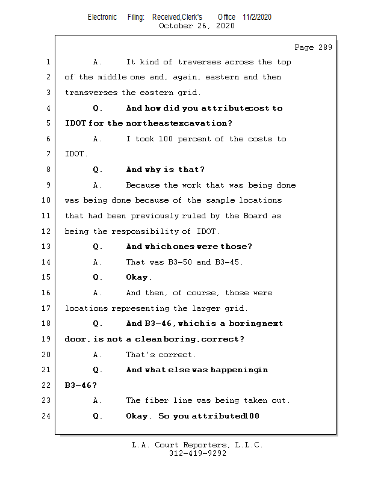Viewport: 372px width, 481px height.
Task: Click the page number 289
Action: point(324,47)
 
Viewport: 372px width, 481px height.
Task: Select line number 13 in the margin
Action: point(48,247)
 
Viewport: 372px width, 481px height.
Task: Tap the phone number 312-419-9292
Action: point(197,454)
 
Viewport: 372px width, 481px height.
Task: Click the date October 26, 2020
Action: point(197,26)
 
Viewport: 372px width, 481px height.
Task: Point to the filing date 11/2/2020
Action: point(257,17)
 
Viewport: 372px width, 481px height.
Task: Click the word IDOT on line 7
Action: point(75,155)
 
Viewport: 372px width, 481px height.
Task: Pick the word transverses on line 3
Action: point(91,93)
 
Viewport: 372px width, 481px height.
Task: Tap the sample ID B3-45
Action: point(229,262)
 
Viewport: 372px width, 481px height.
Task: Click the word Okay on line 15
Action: point(138,277)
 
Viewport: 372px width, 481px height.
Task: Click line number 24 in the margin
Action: point(48,416)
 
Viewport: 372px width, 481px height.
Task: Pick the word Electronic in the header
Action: point(102,17)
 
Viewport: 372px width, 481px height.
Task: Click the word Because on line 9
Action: point(143,185)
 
